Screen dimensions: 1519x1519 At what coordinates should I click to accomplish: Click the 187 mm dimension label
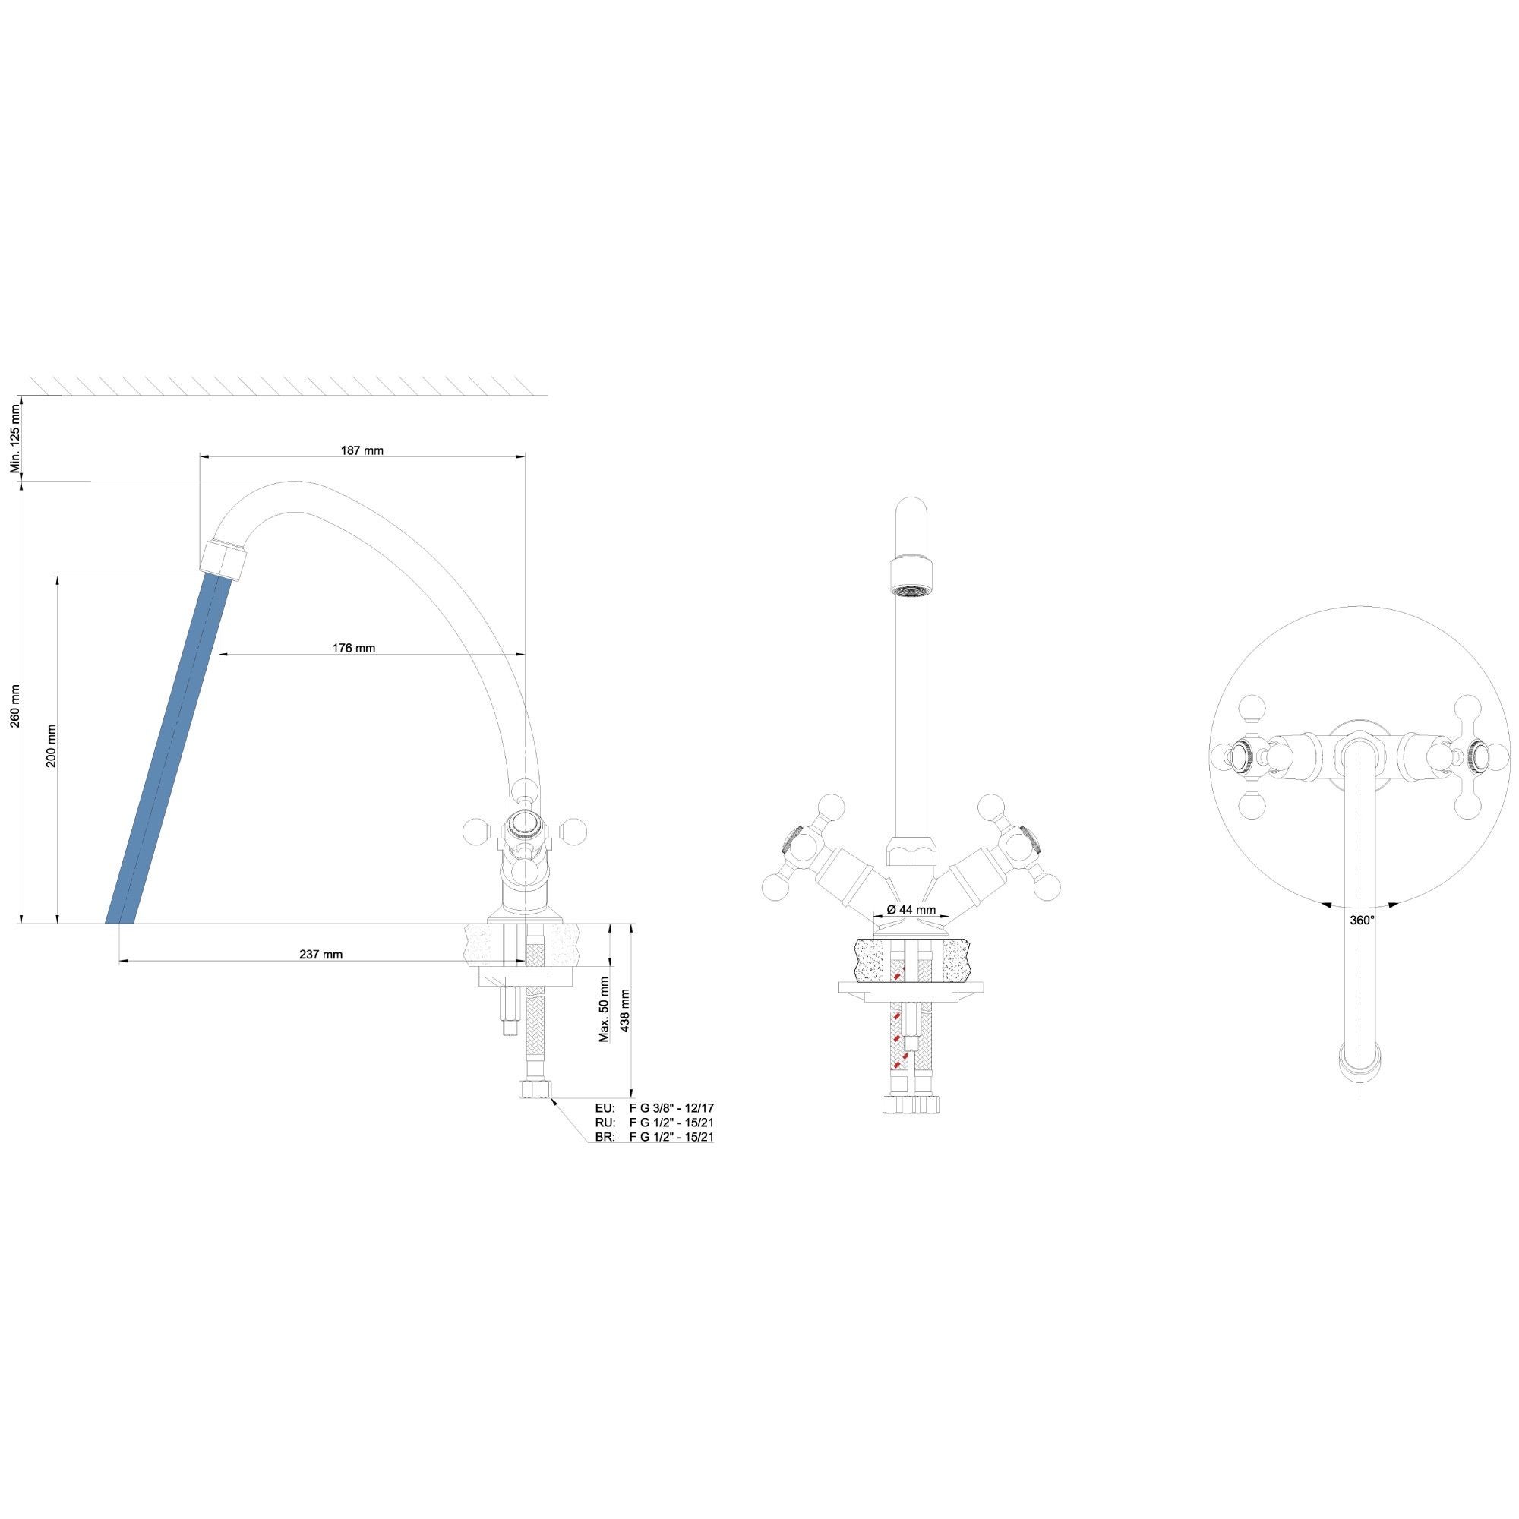[x=362, y=450]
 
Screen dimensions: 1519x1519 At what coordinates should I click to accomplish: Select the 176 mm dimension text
[x=354, y=649]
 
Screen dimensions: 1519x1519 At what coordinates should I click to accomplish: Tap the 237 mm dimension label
[x=321, y=955]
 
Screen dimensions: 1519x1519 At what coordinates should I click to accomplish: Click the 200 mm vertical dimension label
[x=51, y=746]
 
